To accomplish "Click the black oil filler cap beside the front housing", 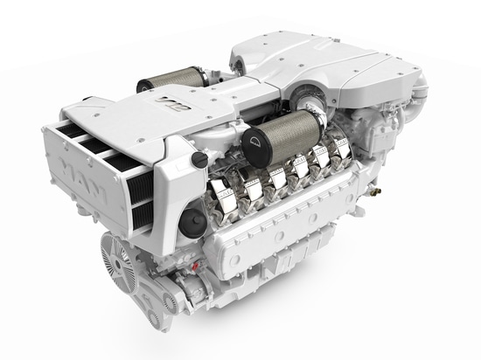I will click(x=199, y=160).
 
